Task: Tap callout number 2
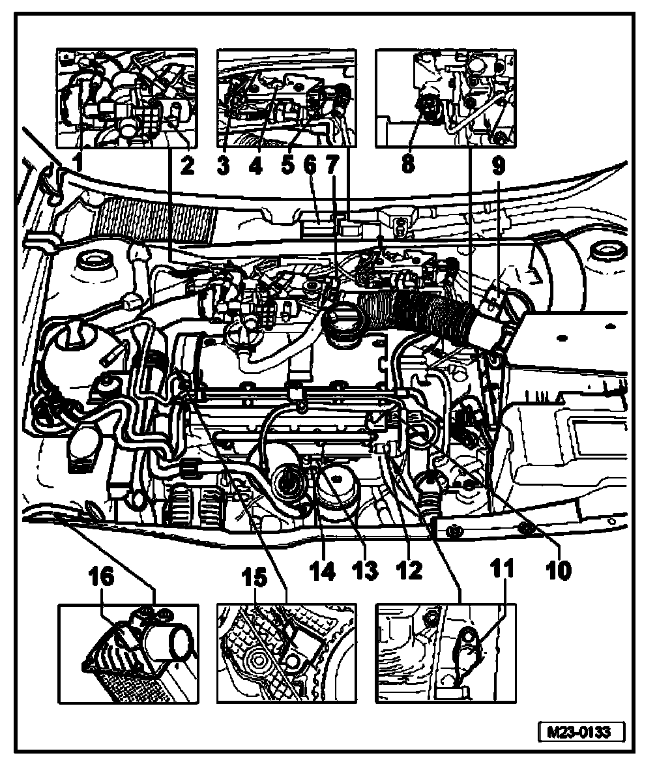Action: (x=188, y=166)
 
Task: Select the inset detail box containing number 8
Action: (x=445, y=98)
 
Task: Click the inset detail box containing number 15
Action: (x=286, y=653)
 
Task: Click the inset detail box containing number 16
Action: (x=128, y=653)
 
